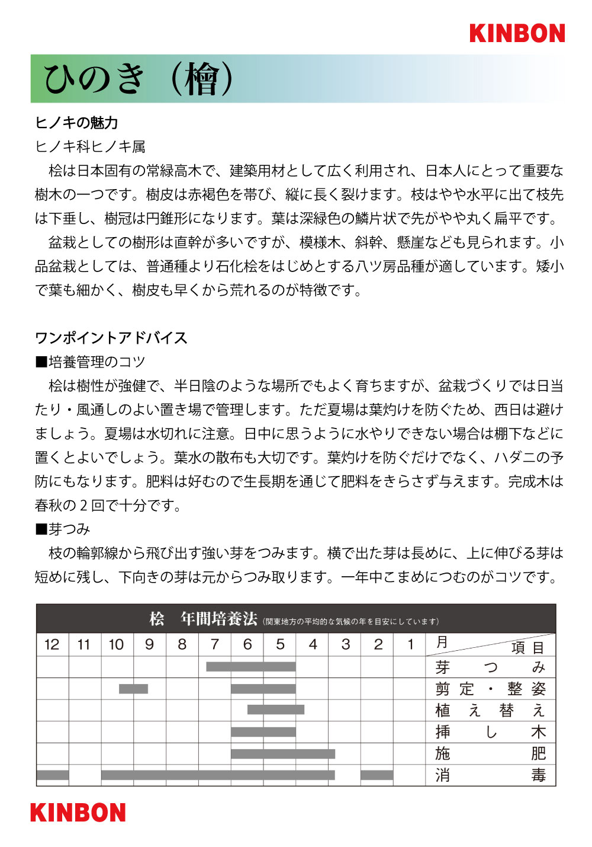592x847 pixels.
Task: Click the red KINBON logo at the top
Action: pos(517,33)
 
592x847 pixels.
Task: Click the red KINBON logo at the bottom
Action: pos(78,813)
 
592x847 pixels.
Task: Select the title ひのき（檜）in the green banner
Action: pos(139,79)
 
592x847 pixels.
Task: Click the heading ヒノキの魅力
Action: pos(76,123)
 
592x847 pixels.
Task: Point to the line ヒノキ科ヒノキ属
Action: pos(90,146)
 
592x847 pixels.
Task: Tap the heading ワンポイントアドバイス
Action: pos(111,338)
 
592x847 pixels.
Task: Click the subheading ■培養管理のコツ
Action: pos(90,362)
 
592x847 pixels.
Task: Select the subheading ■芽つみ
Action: pos(63,529)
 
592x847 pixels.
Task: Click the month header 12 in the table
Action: pos(52,645)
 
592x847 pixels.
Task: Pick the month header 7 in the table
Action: pos(214,645)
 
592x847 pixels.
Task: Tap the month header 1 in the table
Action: pos(410,645)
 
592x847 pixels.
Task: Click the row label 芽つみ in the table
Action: pos(490,667)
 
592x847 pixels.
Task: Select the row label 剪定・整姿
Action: pos(490,689)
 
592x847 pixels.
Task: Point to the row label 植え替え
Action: pos(490,711)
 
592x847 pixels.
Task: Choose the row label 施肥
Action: pos(490,753)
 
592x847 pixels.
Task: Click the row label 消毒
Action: pos(490,775)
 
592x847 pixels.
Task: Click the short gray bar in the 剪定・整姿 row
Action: pos(133,689)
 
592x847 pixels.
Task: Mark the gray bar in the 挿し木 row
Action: pos(263,732)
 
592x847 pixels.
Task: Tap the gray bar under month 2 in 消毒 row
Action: pos(377,775)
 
